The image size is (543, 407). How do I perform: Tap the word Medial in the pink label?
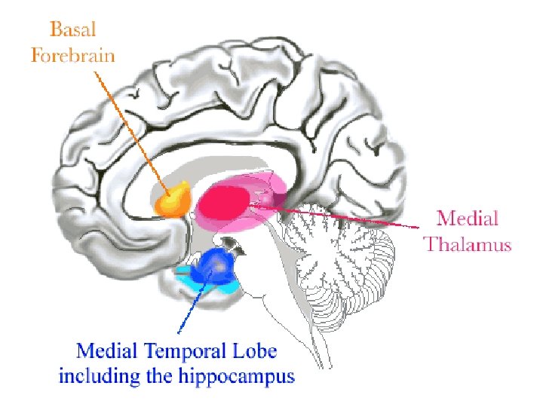tap(468, 219)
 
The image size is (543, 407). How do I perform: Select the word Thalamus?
tap(467, 244)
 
